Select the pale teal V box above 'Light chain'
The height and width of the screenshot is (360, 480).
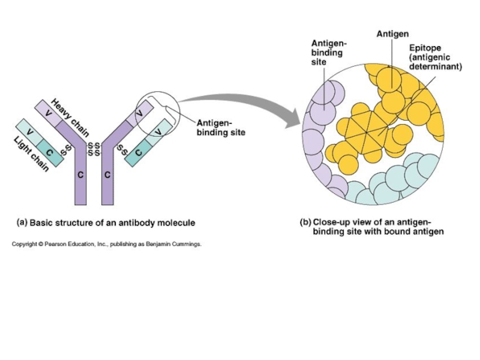click(28, 128)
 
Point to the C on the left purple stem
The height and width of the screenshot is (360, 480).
click(80, 175)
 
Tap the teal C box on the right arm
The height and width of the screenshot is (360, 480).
click(139, 152)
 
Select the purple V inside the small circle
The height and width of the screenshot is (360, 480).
click(139, 113)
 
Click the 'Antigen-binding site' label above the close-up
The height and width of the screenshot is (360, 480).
click(328, 53)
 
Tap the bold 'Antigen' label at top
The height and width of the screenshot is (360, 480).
click(393, 34)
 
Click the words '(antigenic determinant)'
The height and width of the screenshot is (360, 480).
click(435, 62)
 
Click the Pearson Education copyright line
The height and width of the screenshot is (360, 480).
click(107, 244)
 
